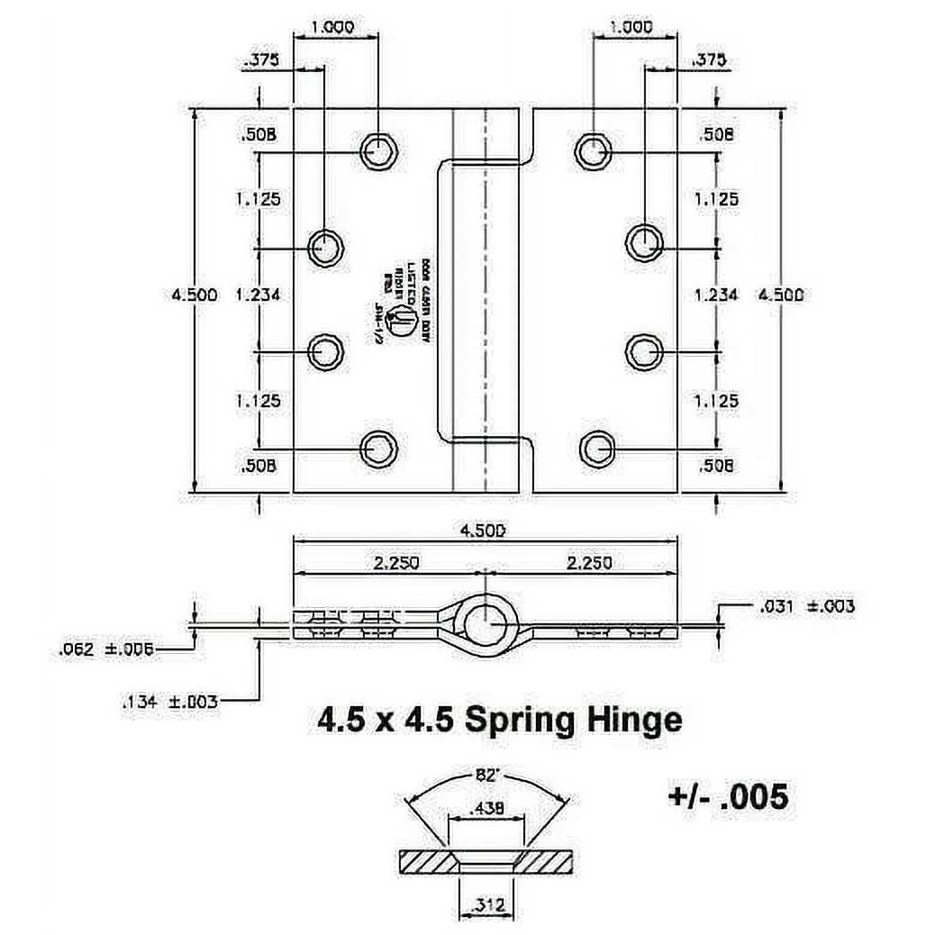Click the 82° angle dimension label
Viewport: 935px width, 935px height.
pyautogui.click(x=486, y=774)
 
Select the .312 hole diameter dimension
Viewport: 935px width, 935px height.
pyautogui.click(x=486, y=907)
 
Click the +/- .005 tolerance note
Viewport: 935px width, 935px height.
pyautogui.click(x=728, y=795)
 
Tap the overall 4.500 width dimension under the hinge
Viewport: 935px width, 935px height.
pyautogui.click(x=483, y=531)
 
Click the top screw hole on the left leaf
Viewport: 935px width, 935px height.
pyautogui.click(x=378, y=150)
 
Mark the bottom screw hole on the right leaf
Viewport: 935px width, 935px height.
pyautogui.click(x=594, y=446)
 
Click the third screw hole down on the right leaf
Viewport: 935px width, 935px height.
pyautogui.click(x=644, y=350)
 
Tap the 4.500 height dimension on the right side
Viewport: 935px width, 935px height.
pyautogui.click(x=780, y=295)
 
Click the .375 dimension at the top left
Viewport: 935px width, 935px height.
pyautogui.click(x=261, y=60)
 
